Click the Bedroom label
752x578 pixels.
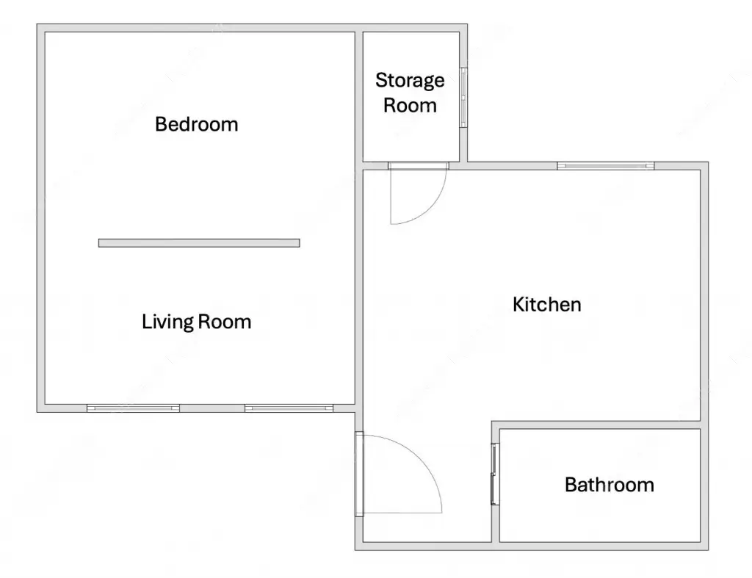[x=196, y=124]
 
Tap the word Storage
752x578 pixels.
[x=410, y=81]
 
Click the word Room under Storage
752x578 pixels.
[x=410, y=106]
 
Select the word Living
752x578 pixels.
[x=167, y=322]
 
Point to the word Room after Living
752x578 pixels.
[x=225, y=322]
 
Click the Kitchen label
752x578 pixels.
[x=546, y=305]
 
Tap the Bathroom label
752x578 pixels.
[x=609, y=485]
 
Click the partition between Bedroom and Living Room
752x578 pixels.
[x=199, y=243]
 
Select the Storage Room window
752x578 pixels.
[x=463, y=98]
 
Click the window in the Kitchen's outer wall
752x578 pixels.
[x=606, y=166]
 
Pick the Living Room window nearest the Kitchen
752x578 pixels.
[x=289, y=408]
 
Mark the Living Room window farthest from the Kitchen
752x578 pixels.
[x=133, y=408]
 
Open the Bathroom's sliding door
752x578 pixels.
[x=495, y=474]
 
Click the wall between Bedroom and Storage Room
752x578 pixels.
[x=358, y=96]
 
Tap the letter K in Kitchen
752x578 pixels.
[x=518, y=305]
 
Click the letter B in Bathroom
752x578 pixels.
[x=571, y=485]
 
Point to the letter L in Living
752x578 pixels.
[x=146, y=322]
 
